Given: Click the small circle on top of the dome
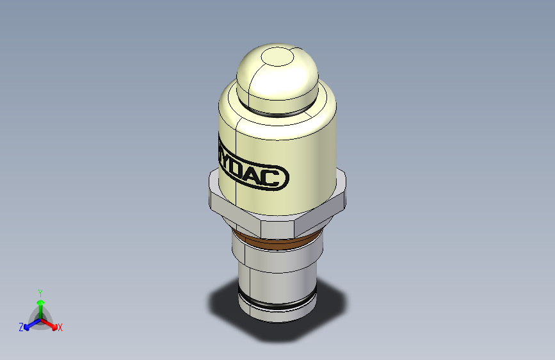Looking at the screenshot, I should pyautogui.click(x=277, y=58).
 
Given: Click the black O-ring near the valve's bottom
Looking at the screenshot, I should pyautogui.click(x=277, y=302).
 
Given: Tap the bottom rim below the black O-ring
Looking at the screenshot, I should pyautogui.click(x=277, y=314).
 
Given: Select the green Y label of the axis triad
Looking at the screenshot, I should pyautogui.click(x=40, y=292).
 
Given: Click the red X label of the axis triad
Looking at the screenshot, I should pyautogui.click(x=60, y=327).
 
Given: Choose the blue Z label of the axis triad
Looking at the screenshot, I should pyautogui.click(x=21, y=327).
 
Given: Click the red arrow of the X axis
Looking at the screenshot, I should pyautogui.click(x=51, y=322).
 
